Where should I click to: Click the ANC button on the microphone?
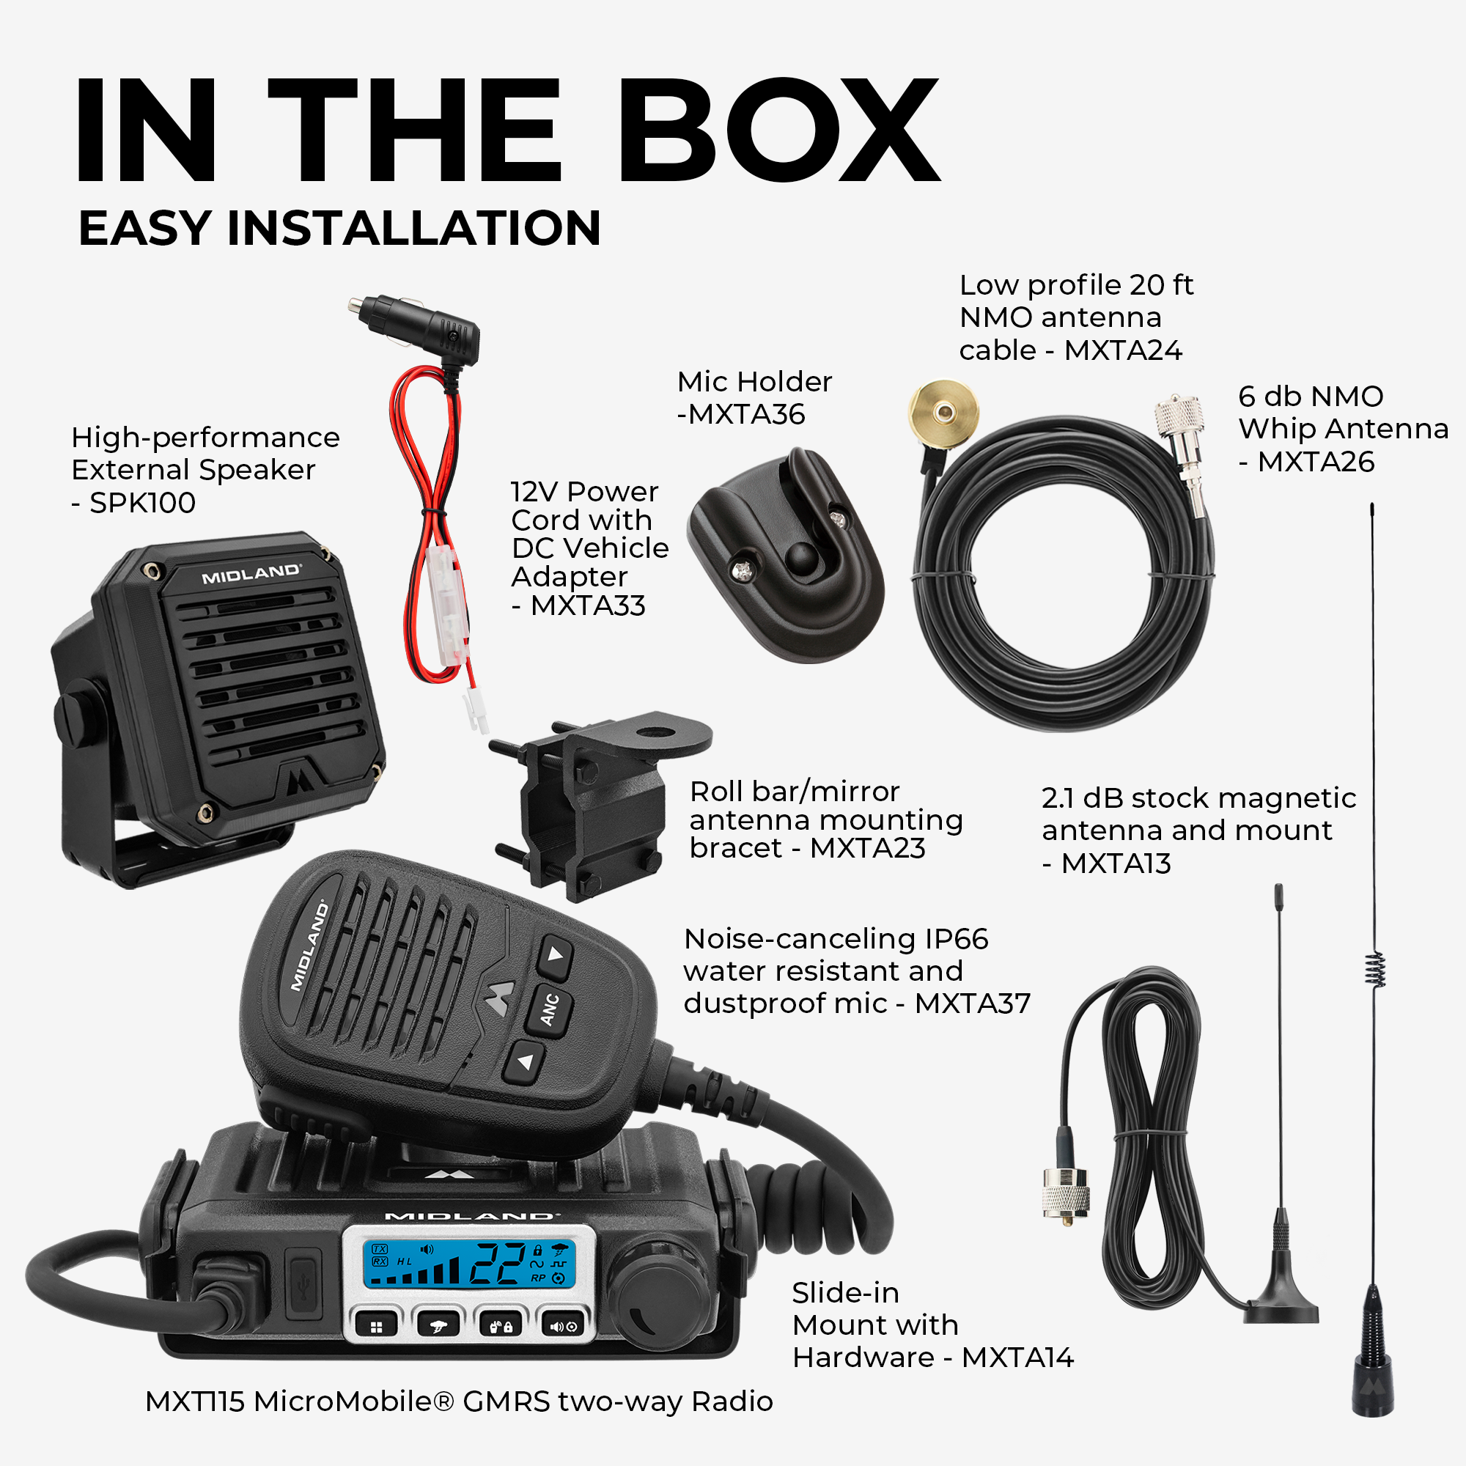tap(551, 1010)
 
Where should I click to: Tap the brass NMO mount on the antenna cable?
tap(944, 413)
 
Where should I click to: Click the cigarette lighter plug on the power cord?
tap(414, 327)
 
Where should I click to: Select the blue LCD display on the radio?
tap(468, 1264)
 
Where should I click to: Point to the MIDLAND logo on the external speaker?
tap(251, 575)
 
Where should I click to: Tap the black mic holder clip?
tap(785, 555)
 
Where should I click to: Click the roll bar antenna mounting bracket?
tap(600, 805)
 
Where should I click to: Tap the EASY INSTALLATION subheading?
tap(339, 228)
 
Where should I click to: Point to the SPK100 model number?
tap(143, 502)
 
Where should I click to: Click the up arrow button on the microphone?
tap(556, 957)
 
